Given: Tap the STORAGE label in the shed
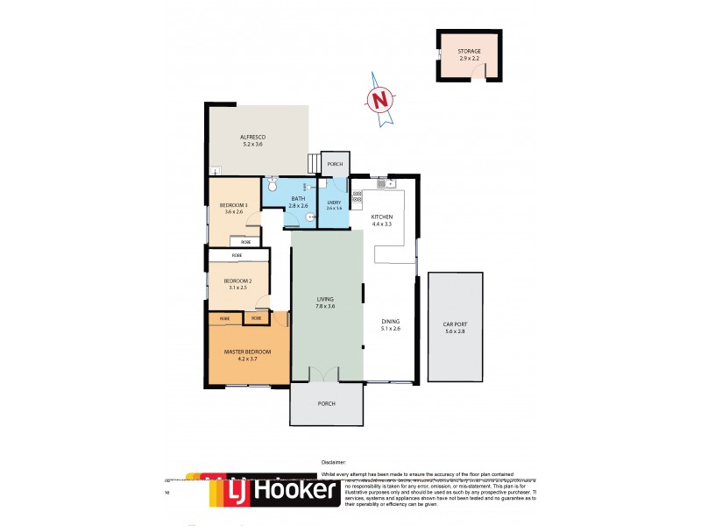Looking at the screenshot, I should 469,52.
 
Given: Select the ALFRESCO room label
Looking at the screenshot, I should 252,138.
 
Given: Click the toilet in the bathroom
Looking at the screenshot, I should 273,185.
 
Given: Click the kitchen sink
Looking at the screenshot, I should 384,184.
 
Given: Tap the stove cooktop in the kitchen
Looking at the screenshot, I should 357,199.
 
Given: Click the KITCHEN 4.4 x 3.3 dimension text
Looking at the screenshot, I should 381,224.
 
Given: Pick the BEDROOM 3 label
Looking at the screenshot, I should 234,205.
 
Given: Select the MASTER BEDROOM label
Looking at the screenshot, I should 247,352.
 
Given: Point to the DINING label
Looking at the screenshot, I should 391,322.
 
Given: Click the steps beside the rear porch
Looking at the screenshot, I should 312,164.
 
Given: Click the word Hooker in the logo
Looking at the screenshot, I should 294,493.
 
